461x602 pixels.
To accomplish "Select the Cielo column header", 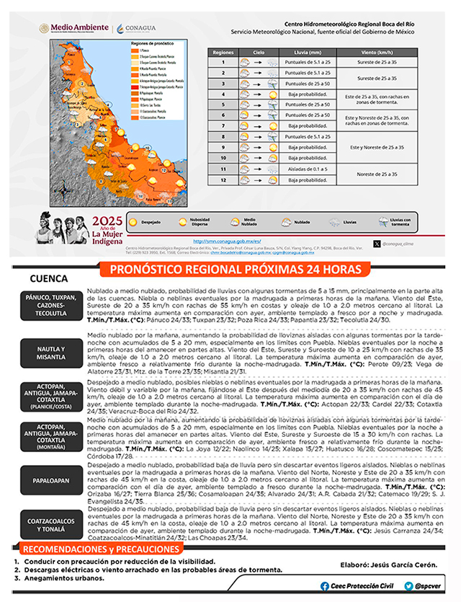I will click(258, 53).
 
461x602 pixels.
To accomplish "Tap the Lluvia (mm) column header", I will click(309, 53).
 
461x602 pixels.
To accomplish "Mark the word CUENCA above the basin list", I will click(49, 278).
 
